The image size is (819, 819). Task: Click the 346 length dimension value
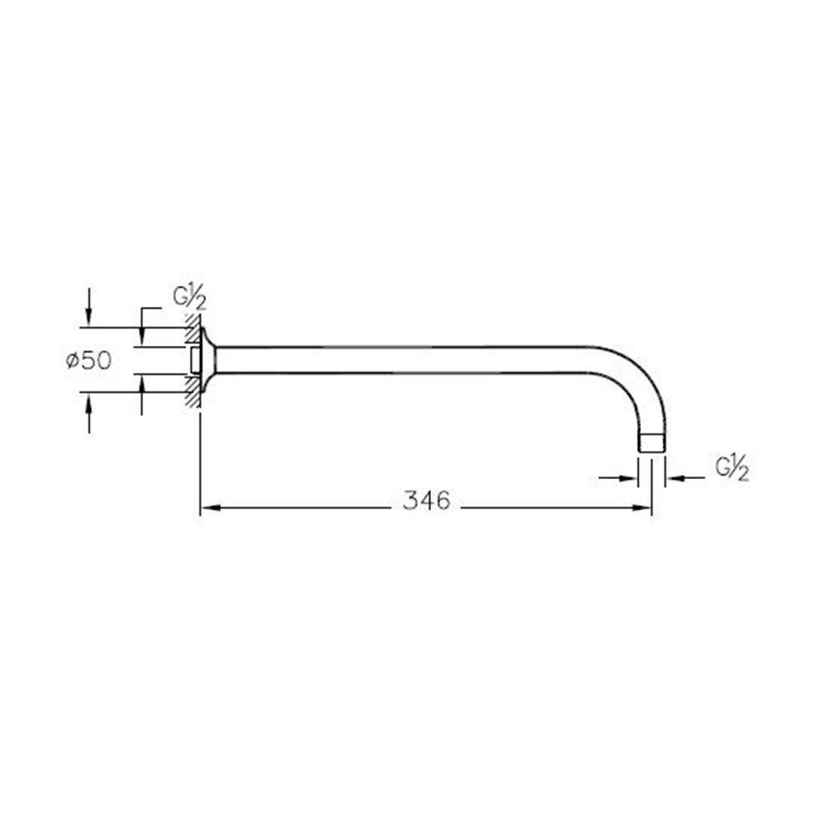pos(426,500)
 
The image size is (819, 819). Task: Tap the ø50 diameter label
pos(89,361)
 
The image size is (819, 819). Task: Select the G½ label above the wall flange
pos(189,298)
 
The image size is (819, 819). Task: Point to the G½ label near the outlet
pos(732,468)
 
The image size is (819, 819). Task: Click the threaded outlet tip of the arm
pos(652,443)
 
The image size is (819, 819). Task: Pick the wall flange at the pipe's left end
pos(207,360)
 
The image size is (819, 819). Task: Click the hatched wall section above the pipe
pos(194,329)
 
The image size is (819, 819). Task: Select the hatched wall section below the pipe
pos(194,392)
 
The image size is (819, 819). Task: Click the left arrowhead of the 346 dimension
pos(210,507)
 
